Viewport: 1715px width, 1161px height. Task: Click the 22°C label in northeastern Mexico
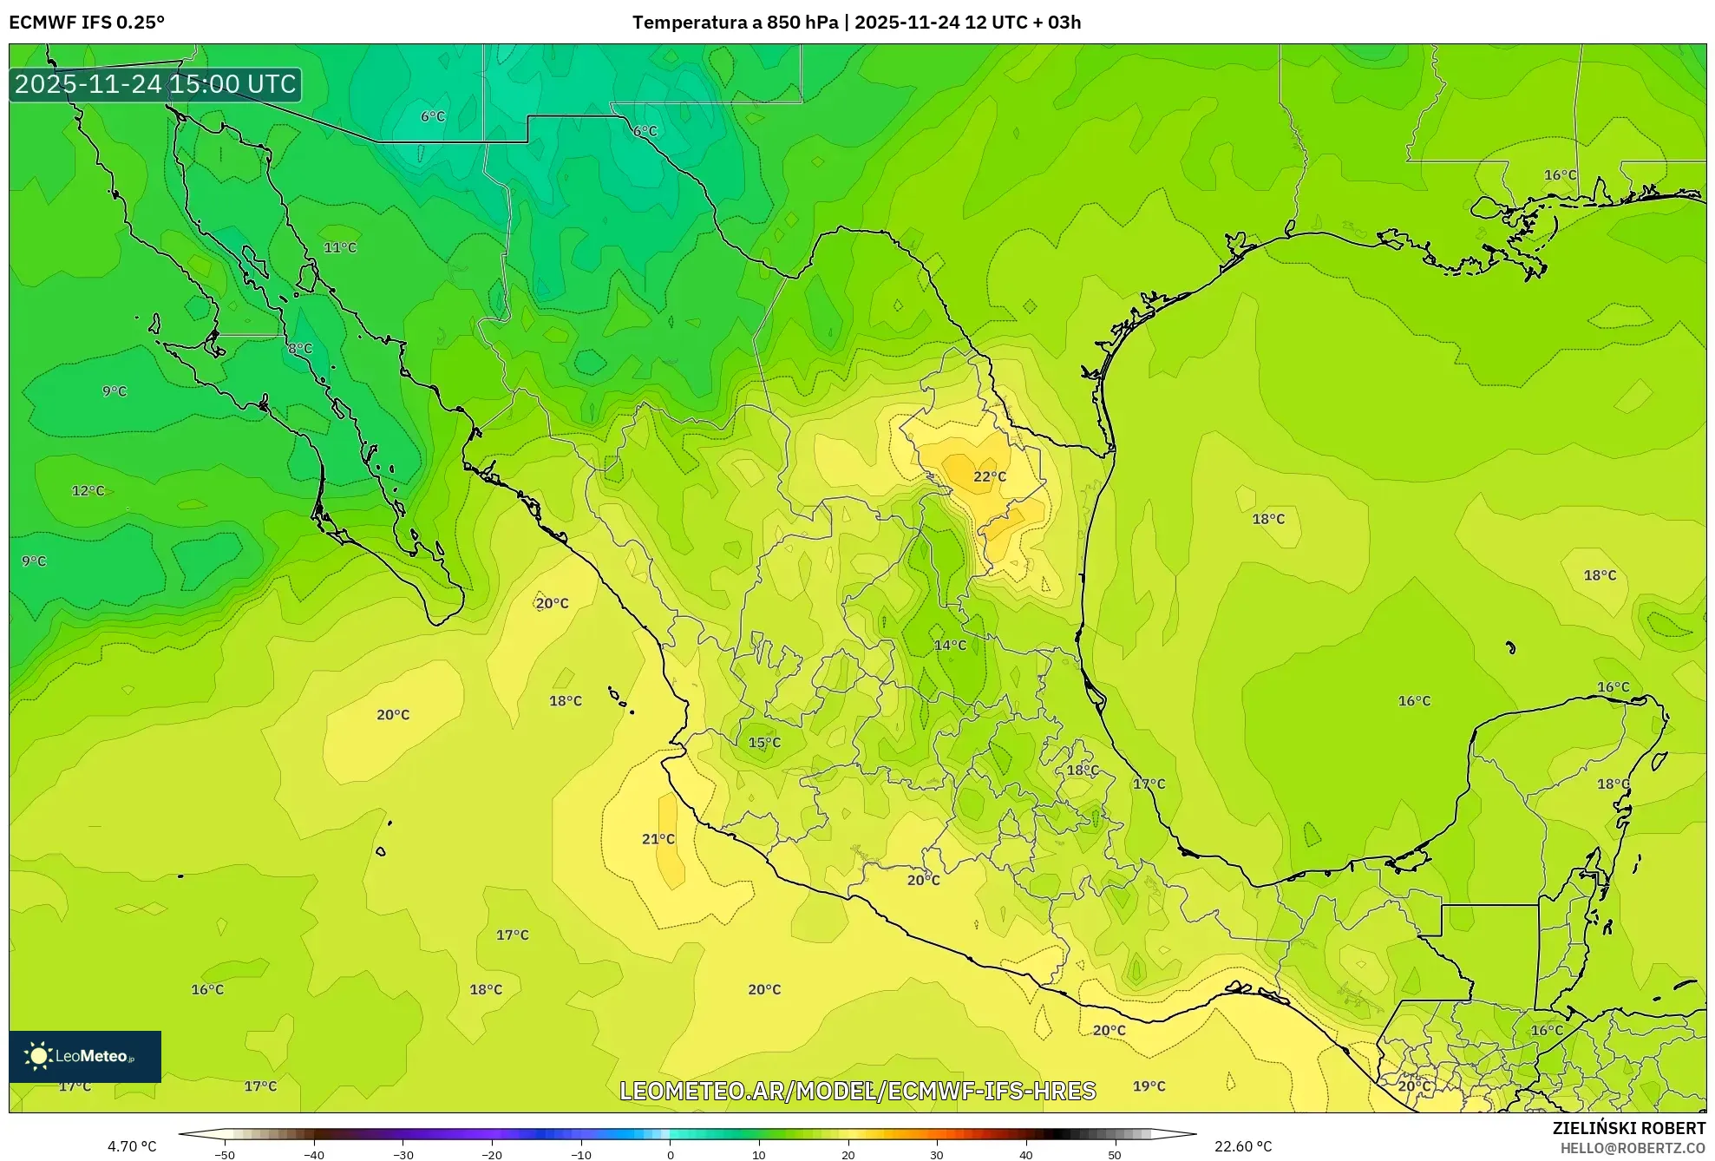pyautogui.click(x=989, y=476)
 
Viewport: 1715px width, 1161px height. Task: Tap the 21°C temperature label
pyautogui.click(x=658, y=839)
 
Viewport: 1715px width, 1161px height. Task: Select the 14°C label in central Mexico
pyautogui.click(x=950, y=646)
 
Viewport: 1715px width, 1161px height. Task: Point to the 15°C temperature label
pyautogui.click(x=764, y=743)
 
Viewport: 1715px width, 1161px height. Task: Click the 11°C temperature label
pyautogui.click(x=340, y=248)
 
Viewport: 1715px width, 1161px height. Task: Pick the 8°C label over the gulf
pyautogui.click(x=300, y=349)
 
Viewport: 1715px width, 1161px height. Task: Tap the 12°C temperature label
pyautogui.click(x=88, y=491)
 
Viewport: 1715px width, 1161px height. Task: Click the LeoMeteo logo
pyautogui.click(x=85, y=1056)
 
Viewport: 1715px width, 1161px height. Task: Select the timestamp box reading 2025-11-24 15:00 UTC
pyautogui.click(x=155, y=84)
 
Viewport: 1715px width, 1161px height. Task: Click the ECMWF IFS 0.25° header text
pyautogui.click(x=87, y=23)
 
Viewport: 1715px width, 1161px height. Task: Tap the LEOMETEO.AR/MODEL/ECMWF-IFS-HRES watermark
pyautogui.click(x=857, y=1091)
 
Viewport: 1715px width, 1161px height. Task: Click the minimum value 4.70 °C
pyautogui.click(x=132, y=1146)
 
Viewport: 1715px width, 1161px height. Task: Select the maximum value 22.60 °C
pyautogui.click(x=1242, y=1146)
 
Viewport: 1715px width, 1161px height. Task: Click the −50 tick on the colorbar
pyautogui.click(x=225, y=1155)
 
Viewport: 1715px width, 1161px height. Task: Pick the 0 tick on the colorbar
pyautogui.click(x=670, y=1155)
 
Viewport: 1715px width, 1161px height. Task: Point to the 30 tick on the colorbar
pyautogui.click(x=937, y=1155)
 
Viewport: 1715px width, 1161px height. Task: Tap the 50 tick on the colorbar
pyautogui.click(x=1115, y=1155)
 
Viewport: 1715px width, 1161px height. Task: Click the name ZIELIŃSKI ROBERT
pyautogui.click(x=1628, y=1128)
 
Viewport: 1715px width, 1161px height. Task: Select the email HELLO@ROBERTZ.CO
pyautogui.click(x=1633, y=1148)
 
